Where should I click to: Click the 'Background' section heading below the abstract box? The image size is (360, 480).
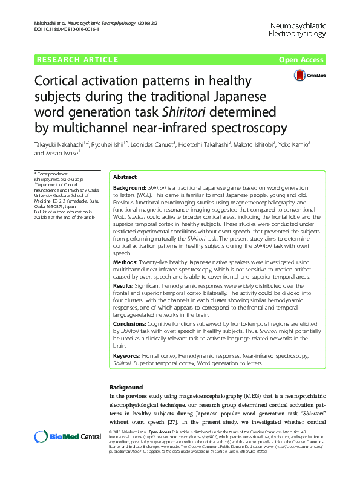[126, 388]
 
